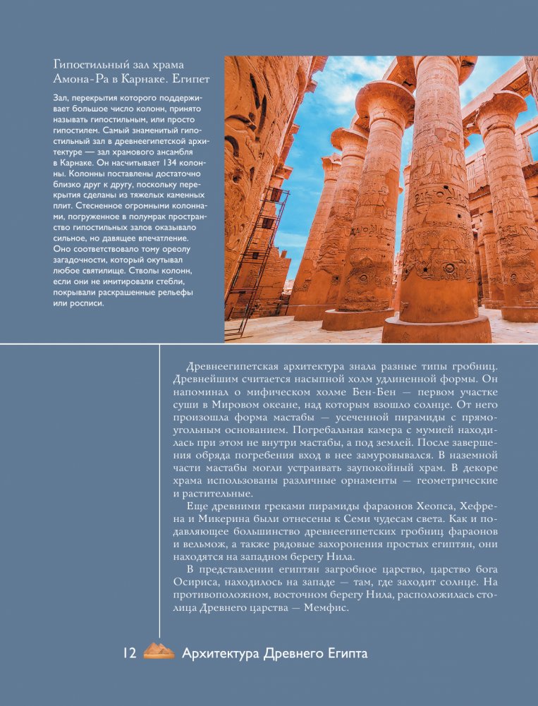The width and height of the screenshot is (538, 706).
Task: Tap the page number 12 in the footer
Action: tap(129, 653)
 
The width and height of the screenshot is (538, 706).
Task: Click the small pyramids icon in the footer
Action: tap(159, 652)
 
